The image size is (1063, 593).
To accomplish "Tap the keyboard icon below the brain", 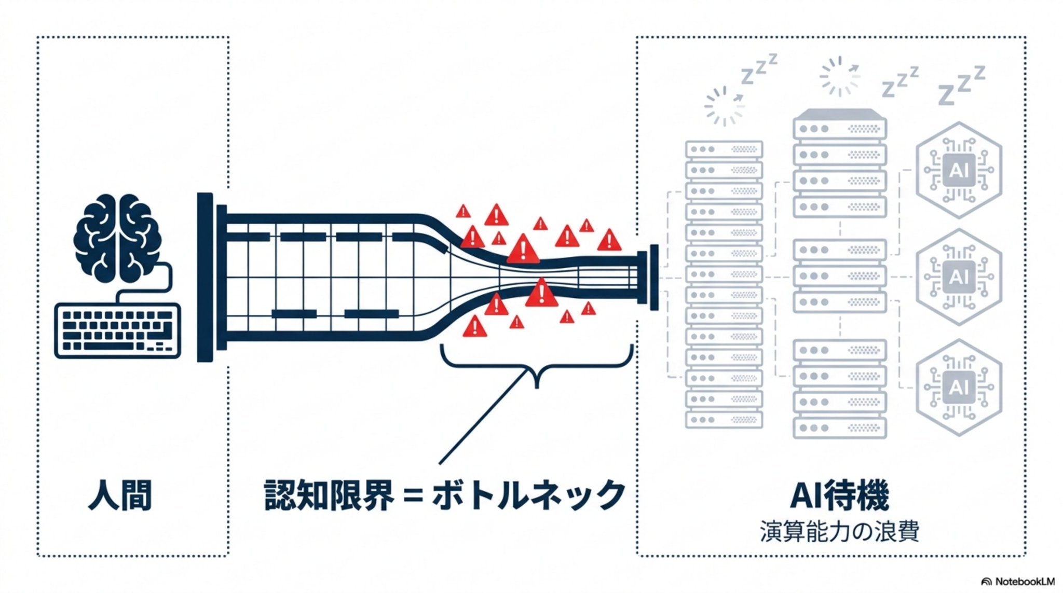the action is pos(118,331).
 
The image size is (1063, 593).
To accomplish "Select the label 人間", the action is pos(120,495).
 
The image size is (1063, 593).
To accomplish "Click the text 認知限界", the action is pos(329,495).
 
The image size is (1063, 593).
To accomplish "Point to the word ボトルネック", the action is pos(529,495).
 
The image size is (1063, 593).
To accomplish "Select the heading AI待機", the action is pos(839,495).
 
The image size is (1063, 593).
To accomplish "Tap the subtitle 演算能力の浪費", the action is pos(839,531).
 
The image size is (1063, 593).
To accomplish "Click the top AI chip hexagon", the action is pos(959,170).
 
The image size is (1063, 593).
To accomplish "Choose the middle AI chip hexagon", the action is pos(959,277).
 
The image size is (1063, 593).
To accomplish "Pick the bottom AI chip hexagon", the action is pos(959,388).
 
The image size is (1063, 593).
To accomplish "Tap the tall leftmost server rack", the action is pos(724,284).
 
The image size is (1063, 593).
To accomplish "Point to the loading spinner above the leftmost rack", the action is pos(724,106).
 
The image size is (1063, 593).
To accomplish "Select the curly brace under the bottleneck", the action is pos(537,366).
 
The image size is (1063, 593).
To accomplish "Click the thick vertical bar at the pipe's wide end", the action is pos(205,277).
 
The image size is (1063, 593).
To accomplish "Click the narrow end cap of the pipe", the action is pos(654,277).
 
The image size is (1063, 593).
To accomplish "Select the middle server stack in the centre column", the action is pos(840,276).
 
